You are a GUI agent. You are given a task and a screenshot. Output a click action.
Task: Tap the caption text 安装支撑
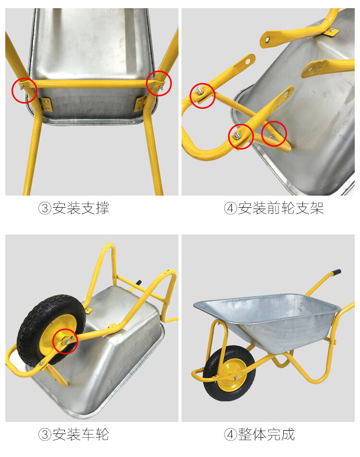(x=81, y=208)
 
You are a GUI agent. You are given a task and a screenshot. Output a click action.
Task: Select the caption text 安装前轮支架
(x=281, y=208)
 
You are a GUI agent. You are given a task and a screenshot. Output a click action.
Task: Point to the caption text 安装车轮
(x=81, y=434)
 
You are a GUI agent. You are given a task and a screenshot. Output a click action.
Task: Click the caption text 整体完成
(x=266, y=434)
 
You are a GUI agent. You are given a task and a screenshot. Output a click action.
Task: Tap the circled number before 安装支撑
(x=45, y=209)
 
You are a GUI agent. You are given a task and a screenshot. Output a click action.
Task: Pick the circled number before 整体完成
(x=230, y=434)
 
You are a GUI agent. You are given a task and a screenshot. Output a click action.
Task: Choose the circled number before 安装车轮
(x=45, y=434)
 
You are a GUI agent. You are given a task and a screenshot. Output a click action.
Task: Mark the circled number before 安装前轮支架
(x=230, y=209)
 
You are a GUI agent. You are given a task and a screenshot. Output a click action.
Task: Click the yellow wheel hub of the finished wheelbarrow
(x=229, y=375)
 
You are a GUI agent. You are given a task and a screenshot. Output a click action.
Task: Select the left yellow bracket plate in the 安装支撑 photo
(x=46, y=105)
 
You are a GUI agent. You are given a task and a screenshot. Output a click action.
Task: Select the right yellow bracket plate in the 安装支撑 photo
(x=140, y=104)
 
